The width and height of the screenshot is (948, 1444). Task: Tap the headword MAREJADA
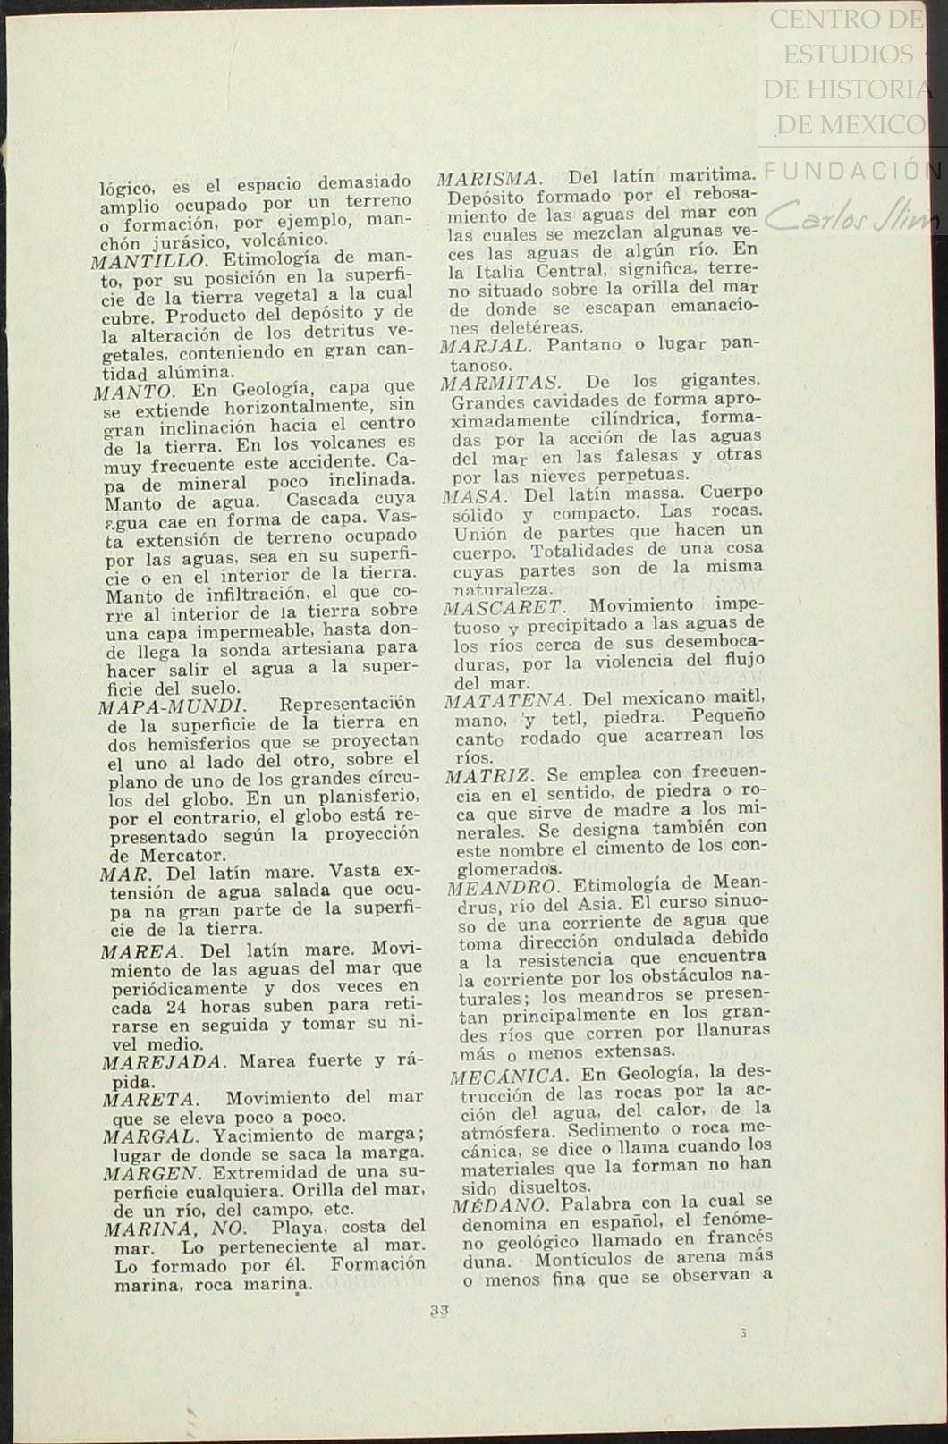point(161,1062)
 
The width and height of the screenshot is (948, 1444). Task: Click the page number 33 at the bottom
point(438,1311)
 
